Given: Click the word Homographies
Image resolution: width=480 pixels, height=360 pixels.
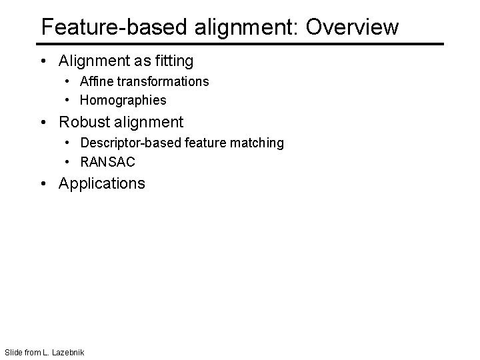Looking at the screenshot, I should click(x=123, y=101).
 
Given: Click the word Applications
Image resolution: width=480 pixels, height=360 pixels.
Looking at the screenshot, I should click(x=102, y=183).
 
